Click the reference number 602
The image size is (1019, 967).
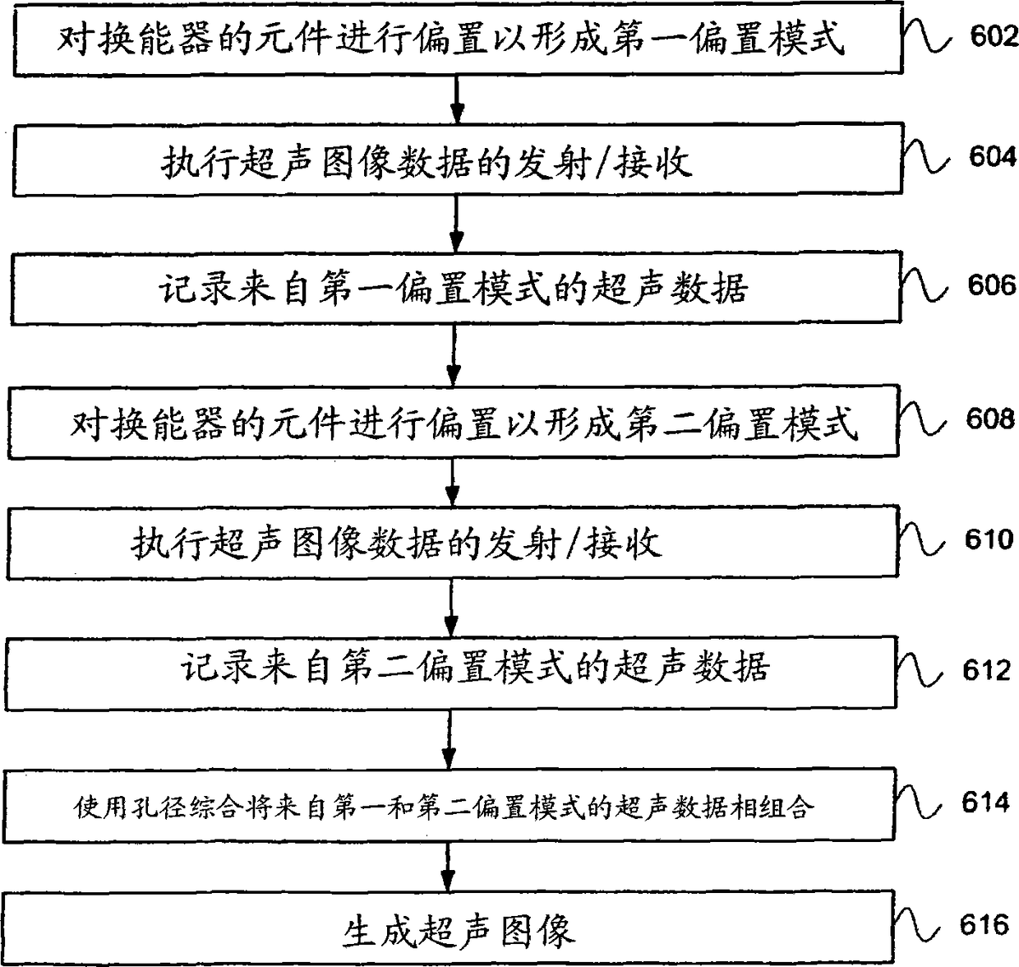click(994, 37)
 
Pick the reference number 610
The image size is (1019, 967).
click(989, 539)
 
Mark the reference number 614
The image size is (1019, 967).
click(985, 802)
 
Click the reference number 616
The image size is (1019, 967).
click(984, 925)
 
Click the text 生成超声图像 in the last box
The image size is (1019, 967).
click(458, 932)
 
